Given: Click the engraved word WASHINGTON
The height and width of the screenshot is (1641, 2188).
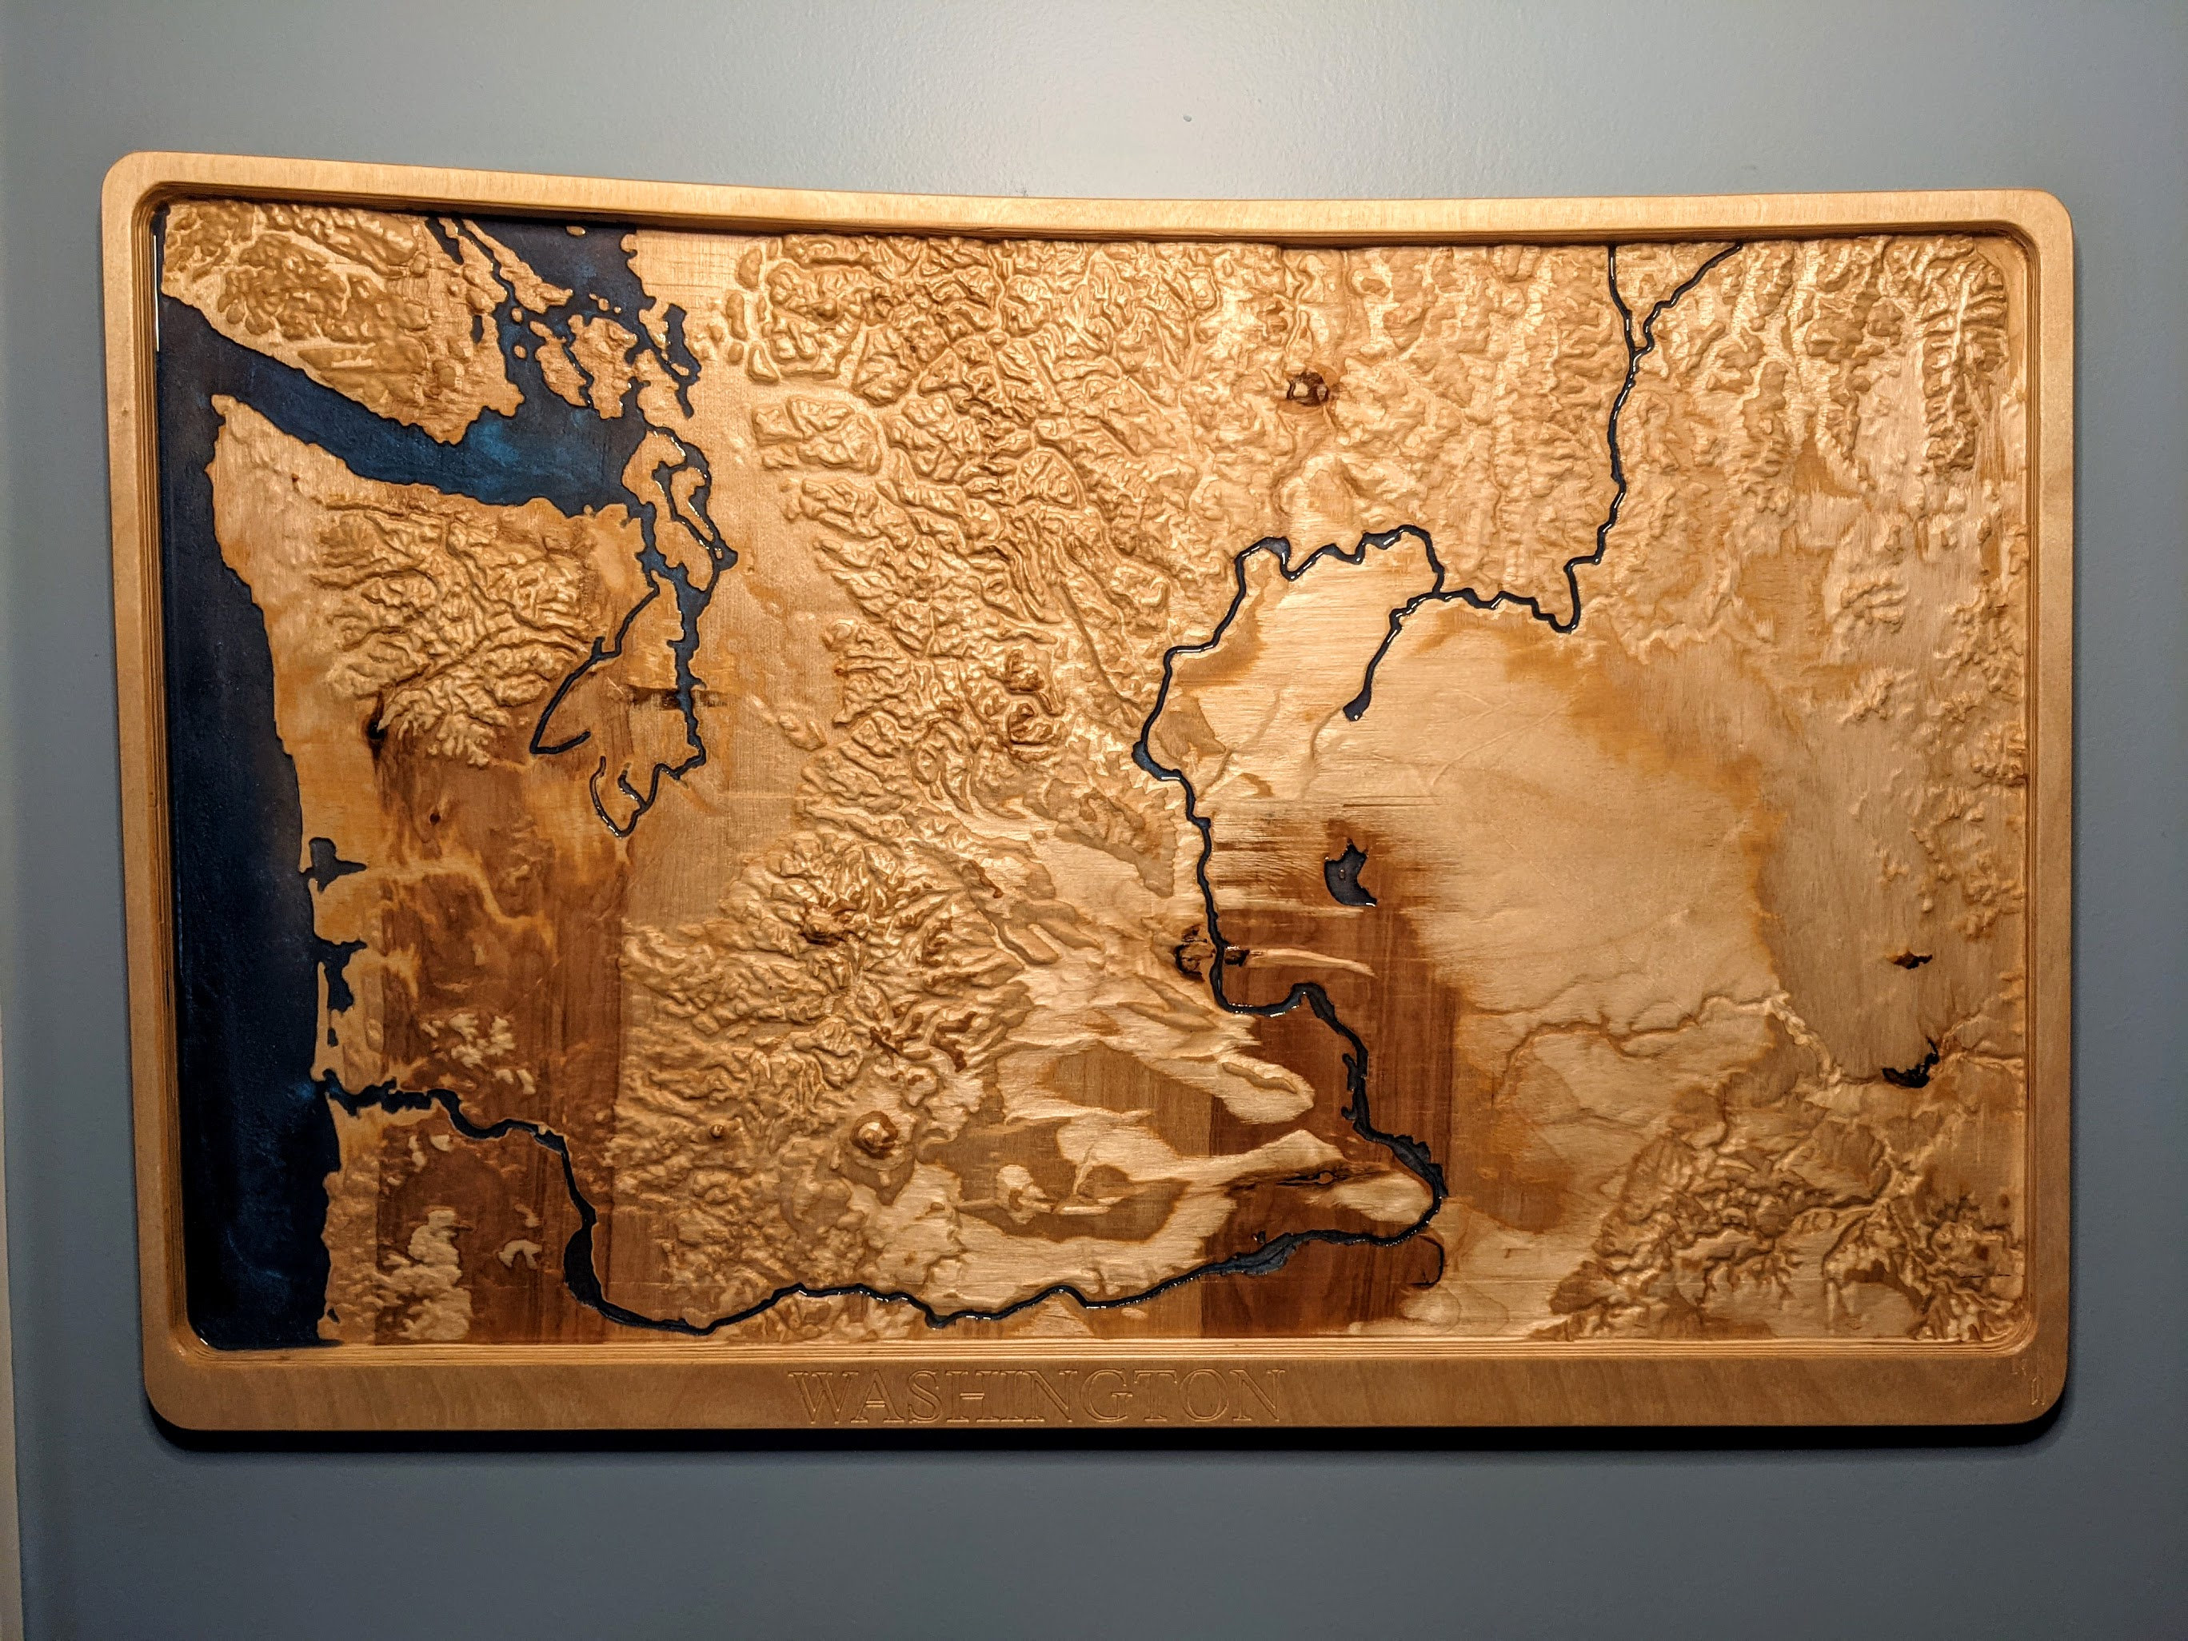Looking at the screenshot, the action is click(x=1040, y=1395).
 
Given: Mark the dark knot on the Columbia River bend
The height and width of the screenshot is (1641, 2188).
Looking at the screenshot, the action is click(x=1192, y=955).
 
